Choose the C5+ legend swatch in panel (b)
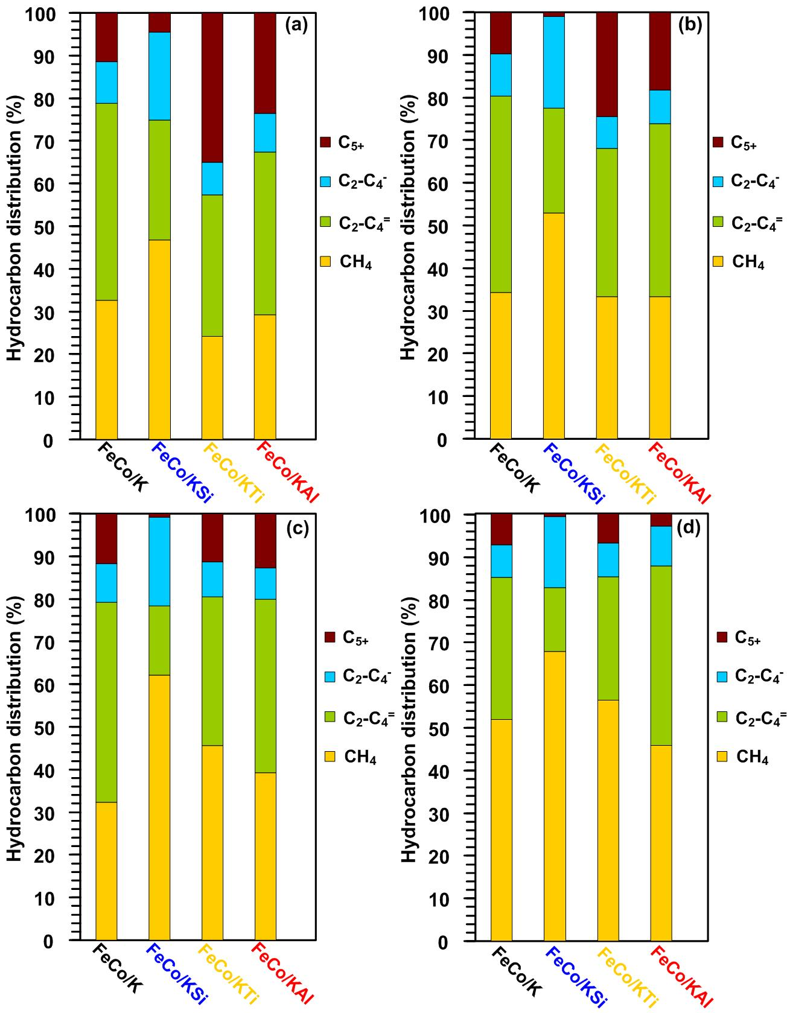[x=718, y=142]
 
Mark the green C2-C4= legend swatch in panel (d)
[x=722, y=716]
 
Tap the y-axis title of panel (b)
[x=409, y=227]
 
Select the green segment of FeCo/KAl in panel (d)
[x=661, y=655]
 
